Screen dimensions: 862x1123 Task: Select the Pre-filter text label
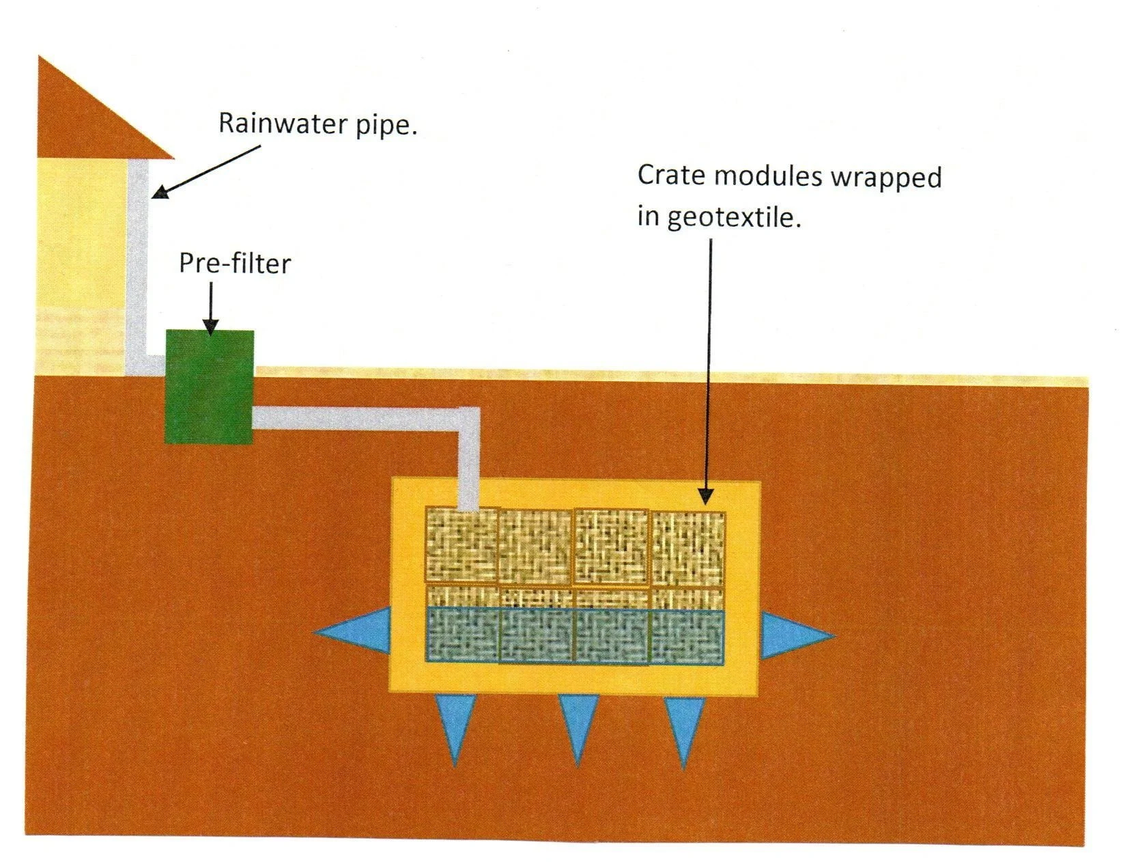pyautogui.click(x=235, y=264)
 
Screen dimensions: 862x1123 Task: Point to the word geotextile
pyautogui.click(x=733, y=218)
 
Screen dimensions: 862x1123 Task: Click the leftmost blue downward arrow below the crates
pyautogui.click(x=455, y=725)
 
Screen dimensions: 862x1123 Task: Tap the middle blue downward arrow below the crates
pyautogui.click(x=578, y=725)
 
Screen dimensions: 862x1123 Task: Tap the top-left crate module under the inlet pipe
pyautogui.click(x=461, y=546)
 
